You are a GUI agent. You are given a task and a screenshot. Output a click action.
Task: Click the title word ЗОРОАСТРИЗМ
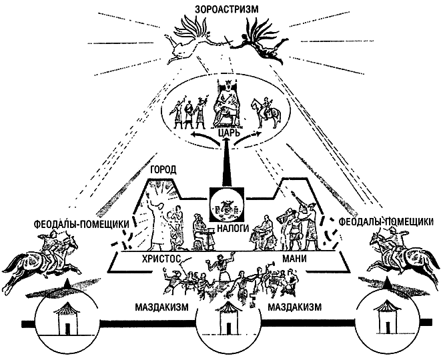(227, 9)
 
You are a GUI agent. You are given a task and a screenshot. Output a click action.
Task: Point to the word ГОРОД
(163, 170)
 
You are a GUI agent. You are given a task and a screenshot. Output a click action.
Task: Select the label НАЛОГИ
(232, 227)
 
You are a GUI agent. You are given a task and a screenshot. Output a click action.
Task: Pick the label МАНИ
(294, 259)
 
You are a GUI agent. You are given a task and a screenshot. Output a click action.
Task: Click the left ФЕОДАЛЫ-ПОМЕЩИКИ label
(81, 225)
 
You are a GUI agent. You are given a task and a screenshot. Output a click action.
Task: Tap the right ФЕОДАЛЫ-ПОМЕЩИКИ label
(386, 222)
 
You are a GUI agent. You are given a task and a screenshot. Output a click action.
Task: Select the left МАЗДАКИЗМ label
(161, 307)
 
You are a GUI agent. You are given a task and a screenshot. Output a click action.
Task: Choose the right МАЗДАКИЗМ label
(294, 307)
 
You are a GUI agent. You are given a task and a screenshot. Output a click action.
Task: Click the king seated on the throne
(226, 104)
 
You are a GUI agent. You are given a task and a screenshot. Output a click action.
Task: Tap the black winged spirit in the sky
(260, 39)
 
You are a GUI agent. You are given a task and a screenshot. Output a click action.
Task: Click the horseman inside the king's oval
(266, 113)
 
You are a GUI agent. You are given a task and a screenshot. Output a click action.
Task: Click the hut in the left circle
(67, 318)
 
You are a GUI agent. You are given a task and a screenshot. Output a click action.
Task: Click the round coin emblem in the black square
(226, 205)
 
